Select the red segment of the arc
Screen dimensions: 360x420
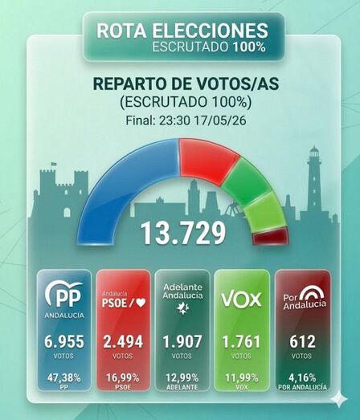pos(207,161)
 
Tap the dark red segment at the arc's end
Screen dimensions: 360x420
pos(271,236)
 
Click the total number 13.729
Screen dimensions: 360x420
pos(183,233)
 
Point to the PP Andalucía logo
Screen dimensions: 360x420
pos(64,300)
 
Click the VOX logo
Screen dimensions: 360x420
pos(241,300)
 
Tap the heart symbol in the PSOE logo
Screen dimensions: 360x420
pos(141,303)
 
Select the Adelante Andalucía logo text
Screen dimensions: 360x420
pos(183,292)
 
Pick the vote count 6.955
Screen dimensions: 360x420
pos(64,342)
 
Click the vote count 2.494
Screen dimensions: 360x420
pos(123,342)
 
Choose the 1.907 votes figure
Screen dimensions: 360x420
pos(182,342)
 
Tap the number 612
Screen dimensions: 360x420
pos(302,342)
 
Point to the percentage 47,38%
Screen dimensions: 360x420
pos(64,378)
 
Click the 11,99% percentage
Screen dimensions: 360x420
pos(242,378)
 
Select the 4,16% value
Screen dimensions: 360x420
pos(302,378)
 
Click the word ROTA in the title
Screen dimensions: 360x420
pos(121,30)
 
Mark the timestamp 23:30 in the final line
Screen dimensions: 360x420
pos(174,120)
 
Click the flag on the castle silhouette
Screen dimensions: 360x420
pos(54,163)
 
